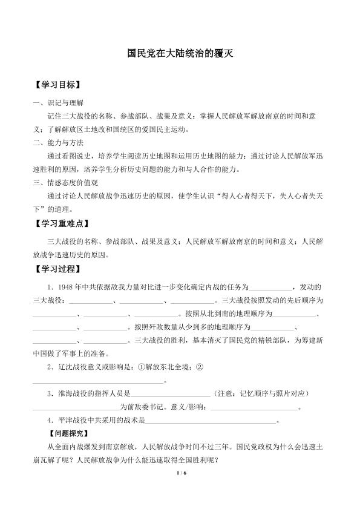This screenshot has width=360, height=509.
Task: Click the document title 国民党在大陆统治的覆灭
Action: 180,53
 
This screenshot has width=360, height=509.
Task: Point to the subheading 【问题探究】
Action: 68,433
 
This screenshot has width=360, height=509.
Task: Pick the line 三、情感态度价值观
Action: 66,183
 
